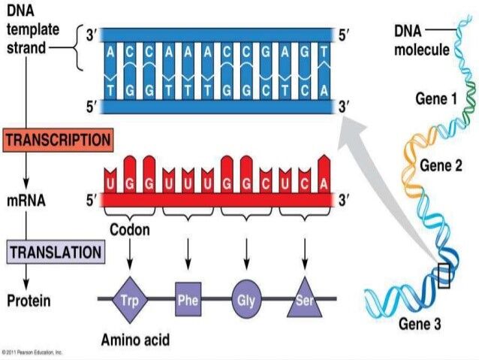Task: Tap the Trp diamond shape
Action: [128, 301]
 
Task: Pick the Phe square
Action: [188, 301]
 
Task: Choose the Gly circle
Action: [246, 301]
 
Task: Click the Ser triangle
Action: [305, 301]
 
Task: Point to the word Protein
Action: [29, 301]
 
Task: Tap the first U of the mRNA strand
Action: [111, 183]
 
